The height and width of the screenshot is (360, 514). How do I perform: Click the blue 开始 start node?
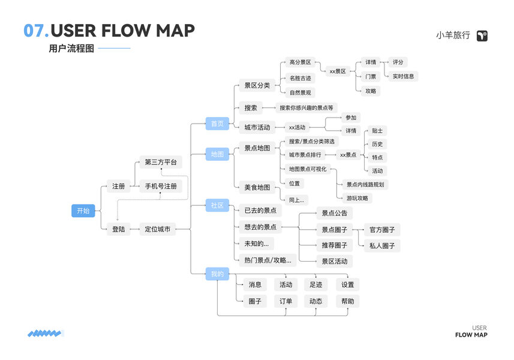[x=83, y=211]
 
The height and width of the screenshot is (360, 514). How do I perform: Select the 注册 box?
[x=119, y=186]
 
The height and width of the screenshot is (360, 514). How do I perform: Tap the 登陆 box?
[x=119, y=229]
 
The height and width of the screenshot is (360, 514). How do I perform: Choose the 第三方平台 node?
[x=161, y=163]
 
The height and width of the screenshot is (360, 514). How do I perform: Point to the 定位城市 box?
[x=158, y=229]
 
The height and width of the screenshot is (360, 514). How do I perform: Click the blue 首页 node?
[x=217, y=124]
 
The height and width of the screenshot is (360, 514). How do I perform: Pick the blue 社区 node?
[x=217, y=205]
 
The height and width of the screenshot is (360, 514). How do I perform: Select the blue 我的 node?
[x=217, y=274]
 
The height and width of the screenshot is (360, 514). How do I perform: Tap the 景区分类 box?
[x=257, y=85]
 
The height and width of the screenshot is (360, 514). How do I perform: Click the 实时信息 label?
[x=403, y=76]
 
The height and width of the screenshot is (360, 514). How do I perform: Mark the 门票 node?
[x=371, y=76]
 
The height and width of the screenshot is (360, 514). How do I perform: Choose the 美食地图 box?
[x=257, y=187]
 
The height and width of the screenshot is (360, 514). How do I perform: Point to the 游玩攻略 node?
[x=357, y=198]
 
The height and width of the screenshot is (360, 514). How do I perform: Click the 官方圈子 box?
[x=381, y=229]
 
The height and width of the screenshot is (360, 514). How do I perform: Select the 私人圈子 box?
[x=381, y=245]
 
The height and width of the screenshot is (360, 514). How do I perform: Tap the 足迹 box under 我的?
[x=315, y=284]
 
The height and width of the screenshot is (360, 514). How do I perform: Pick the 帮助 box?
[x=347, y=301]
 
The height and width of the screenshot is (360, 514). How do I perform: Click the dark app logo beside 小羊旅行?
[x=482, y=36]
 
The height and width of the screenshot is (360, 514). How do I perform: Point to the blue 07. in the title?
[x=35, y=31]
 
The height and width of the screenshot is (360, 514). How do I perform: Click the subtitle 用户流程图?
[x=71, y=49]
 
